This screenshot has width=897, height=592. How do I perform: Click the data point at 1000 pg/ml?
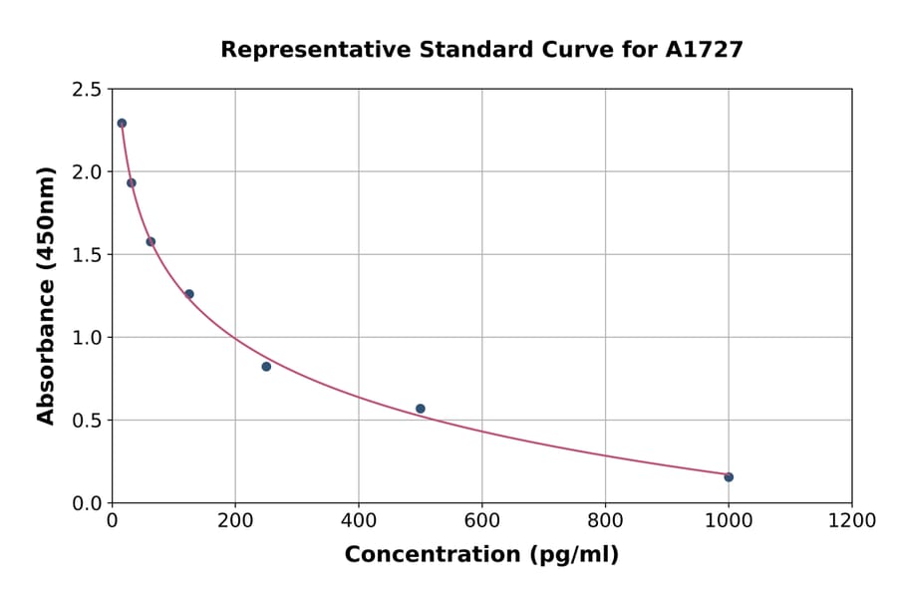[729, 477]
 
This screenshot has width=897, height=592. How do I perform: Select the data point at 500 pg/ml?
[421, 409]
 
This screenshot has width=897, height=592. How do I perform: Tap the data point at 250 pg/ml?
[266, 367]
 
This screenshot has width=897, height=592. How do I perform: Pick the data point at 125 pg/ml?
[189, 294]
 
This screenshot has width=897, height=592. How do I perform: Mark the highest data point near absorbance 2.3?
[122, 124]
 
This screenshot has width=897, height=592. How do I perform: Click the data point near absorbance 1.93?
[132, 182]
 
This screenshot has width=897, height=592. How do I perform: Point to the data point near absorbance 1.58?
[150, 241]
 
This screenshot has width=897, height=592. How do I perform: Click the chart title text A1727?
[704, 50]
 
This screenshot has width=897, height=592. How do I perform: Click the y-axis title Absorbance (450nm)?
[46, 295]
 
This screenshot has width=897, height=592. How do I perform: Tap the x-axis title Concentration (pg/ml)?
[481, 555]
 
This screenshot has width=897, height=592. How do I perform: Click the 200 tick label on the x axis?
[235, 521]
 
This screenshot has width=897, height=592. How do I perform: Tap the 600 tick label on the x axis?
[481, 521]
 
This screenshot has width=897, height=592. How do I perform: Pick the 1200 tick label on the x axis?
[851, 521]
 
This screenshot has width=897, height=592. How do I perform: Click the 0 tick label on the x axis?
[112, 521]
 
